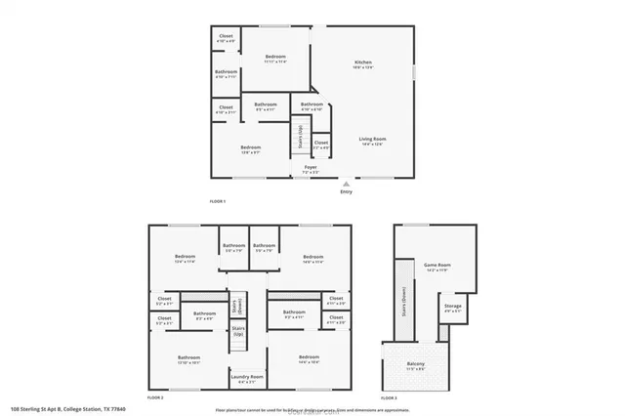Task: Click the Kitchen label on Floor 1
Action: (x=363, y=65)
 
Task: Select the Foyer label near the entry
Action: (x=311, y=169)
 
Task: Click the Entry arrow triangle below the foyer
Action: (x=345, y=182)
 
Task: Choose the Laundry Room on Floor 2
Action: (x=246, y=378)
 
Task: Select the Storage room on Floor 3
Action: (x=452, y=308)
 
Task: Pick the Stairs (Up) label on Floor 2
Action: (x=237, y=333)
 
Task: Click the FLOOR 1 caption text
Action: (x=218, y=201)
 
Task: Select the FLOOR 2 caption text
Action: (x=155, y=398)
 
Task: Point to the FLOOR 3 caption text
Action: (x=389, y=398)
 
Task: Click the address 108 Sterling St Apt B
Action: (x=55, y=409)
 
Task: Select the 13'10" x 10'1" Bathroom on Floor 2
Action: (x=188, y=359)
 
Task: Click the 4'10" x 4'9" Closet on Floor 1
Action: (x=226, y=38)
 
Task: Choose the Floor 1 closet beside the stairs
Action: (x=321, y=145)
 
